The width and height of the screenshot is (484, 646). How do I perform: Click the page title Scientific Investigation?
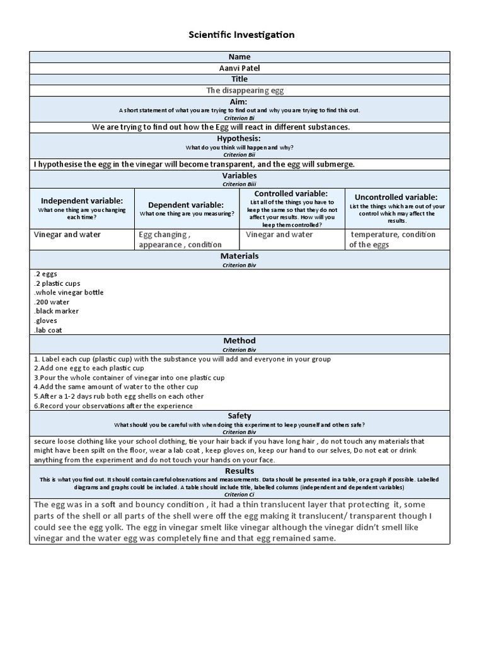click(x=241, y=35)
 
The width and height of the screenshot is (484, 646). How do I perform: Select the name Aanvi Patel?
click(x=239, y=68)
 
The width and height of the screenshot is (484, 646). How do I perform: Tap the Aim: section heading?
click(x=239, y=102)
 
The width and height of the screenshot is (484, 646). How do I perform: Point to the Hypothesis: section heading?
click(x=239, y=138)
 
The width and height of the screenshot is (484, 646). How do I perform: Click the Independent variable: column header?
click(x=83, y=200)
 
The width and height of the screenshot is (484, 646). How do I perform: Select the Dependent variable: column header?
click(x=186, y=204)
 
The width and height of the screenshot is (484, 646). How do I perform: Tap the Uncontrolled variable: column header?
click(x=396, y=197)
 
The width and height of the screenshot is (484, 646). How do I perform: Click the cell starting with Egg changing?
click(x=180, y=239)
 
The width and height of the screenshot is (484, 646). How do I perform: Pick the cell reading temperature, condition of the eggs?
click(x=392, y=239)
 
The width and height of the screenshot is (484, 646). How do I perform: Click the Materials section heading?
click(x=239, y=256)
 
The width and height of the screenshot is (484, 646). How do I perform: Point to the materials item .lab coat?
click(x=48, y=330)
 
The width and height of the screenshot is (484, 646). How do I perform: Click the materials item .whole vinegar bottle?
click(x=68, y=292)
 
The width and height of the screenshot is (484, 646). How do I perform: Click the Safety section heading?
click(x=239, y=416)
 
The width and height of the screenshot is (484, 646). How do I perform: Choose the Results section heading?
click(x=239, y=471)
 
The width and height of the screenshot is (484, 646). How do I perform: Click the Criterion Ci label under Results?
click(x=239, y=495)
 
